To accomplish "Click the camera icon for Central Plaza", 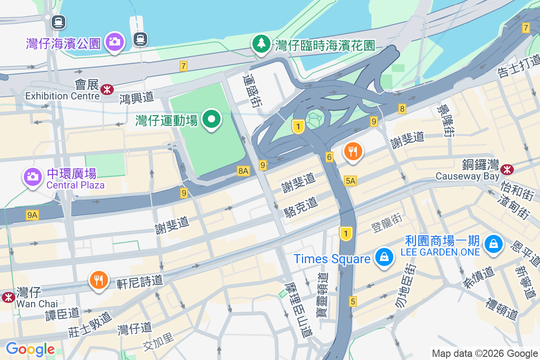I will tap(32, 176).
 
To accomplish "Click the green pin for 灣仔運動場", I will tap(211, 119).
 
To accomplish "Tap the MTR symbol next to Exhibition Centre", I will tap(107, 89).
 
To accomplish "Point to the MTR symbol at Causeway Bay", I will tap(507, 169).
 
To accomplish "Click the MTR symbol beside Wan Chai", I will tap(8, 297).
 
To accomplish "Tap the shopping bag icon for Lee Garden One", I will tap(494, 244).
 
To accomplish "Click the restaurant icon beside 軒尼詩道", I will tap(98, 280).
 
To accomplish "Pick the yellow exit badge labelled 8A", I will tap(243, 171).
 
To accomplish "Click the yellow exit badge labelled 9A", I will tap(32, 216).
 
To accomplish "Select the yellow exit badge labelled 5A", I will tap(351, 181).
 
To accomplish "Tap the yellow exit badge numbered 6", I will tap(329, 157).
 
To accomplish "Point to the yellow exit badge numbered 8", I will tap(402, 108).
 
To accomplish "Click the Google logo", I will tap(30, 349).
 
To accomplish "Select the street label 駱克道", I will tap(301, 207).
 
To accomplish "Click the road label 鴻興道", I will tap(137, 97).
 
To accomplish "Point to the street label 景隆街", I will tap(445, 121).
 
